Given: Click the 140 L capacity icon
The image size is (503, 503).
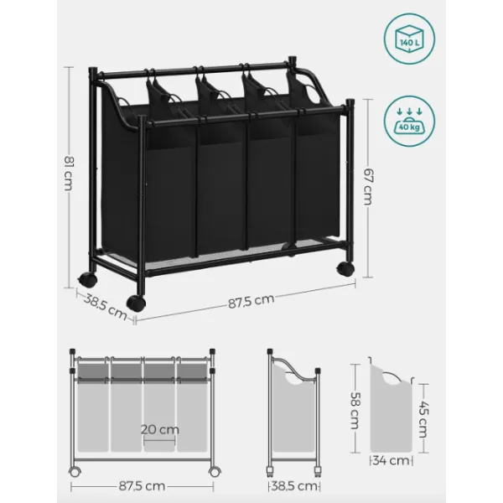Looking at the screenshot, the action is coord(409,39).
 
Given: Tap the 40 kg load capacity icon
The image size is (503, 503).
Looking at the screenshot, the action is coord(409,122).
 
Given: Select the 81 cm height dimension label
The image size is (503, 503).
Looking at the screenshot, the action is coord(69,173).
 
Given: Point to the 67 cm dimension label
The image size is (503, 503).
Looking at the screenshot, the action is coord(368,187).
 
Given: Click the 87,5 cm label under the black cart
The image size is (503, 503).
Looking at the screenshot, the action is coord(251,301).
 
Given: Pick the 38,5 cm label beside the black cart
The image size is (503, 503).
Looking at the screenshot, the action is coord(106,308).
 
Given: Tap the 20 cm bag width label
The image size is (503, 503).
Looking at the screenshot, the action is coord(160,429).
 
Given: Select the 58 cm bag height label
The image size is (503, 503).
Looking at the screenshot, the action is coord(355,410).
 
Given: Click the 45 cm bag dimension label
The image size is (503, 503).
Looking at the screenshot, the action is coord(423,419).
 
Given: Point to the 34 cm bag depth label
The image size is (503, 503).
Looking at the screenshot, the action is coord(392,460).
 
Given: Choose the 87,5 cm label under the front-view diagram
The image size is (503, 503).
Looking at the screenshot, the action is coord(142,486).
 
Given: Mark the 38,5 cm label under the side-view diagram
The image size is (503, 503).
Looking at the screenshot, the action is coord(294,486).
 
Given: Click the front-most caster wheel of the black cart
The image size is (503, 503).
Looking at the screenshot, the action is coord(136,303).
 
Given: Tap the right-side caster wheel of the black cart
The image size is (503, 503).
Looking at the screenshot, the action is coord(345,269).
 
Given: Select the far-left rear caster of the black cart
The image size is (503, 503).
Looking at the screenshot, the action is coord(87,279).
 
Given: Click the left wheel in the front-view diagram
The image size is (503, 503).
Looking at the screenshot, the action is coord(75,471).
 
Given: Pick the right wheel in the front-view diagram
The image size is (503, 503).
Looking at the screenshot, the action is coord(214,471).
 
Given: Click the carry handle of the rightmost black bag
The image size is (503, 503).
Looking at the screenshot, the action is coord(311,93).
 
